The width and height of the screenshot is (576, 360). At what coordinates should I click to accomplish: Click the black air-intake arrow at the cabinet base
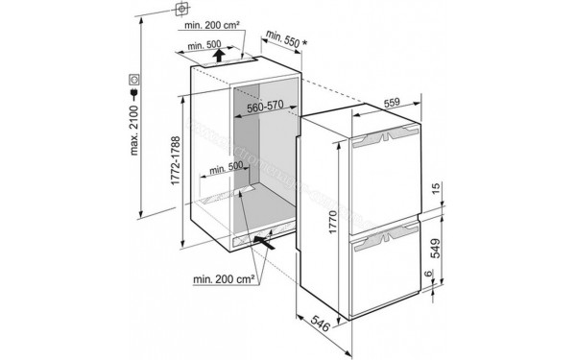coord(272,243)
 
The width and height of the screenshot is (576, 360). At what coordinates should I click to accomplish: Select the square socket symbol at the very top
coord(180,12)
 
